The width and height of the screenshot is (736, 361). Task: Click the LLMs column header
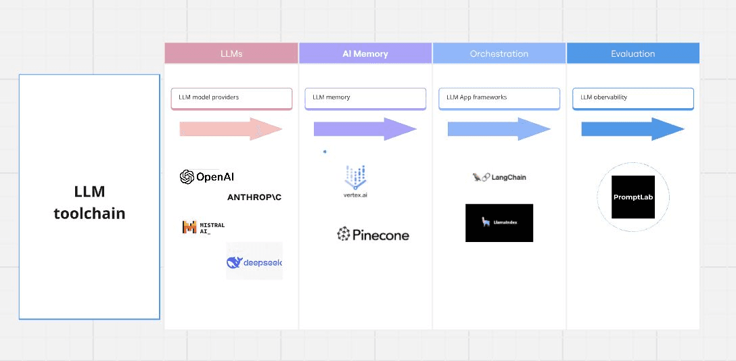coord(231,53)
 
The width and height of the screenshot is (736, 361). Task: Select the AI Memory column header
coord(365,53)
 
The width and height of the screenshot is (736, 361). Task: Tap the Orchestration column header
coord(499,53)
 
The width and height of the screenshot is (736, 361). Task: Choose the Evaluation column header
coord(632,53)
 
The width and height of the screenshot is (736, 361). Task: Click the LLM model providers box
coord(231,98)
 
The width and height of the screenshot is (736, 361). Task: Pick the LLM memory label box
coord(365,98)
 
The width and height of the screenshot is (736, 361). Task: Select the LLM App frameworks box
coord(499,98)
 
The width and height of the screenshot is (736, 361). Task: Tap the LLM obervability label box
coord(633,98)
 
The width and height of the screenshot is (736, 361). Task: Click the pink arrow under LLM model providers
coord(231,128)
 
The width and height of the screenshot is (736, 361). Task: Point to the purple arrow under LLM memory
coord(365,128)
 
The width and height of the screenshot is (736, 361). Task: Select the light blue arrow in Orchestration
coord(499,128)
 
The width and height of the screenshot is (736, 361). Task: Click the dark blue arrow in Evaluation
coord(632,128)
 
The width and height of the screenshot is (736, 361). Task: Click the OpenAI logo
coord(207,177)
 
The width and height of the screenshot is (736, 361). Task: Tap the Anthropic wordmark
coord(254,197)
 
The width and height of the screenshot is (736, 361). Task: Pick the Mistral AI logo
coord(203,228)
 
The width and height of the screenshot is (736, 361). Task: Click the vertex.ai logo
coord(355,180)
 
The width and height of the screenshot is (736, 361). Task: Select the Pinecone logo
coord(373,235)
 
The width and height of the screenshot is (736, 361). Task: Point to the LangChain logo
coord(499,177)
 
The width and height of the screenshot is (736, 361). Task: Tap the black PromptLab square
coord(632,197)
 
